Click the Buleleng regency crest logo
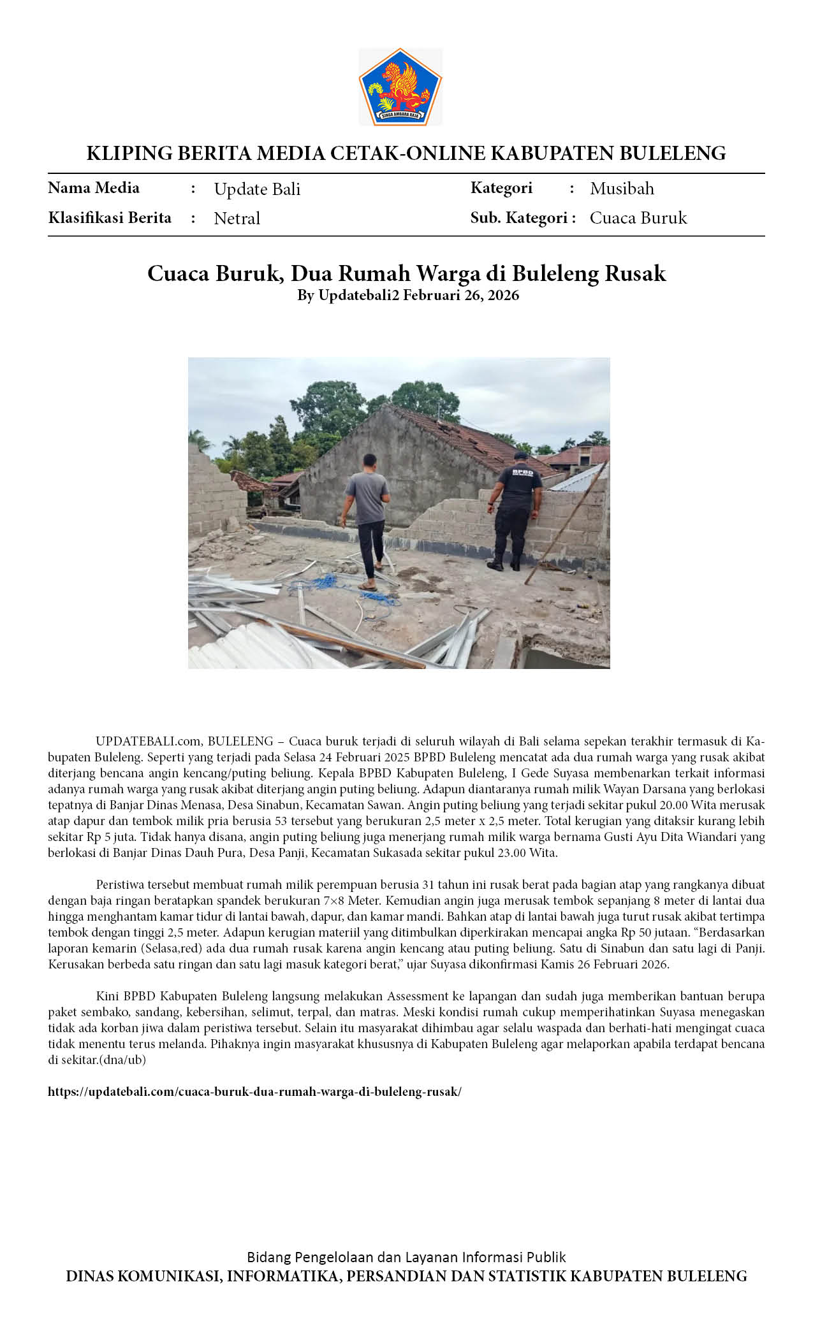[x=400, y=86]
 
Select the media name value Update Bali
[x=257, y=189]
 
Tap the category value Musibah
[x=622, y=189]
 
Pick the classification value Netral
[x=237, y=219]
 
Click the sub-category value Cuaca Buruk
[x=638, y=218]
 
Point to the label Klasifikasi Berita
[x=110, y=218]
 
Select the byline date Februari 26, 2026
[x=460, y=296]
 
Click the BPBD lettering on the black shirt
[x=522, y=473]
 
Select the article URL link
[x=254, y=1092]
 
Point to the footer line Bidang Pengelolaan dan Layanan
[x=406, y=1257]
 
